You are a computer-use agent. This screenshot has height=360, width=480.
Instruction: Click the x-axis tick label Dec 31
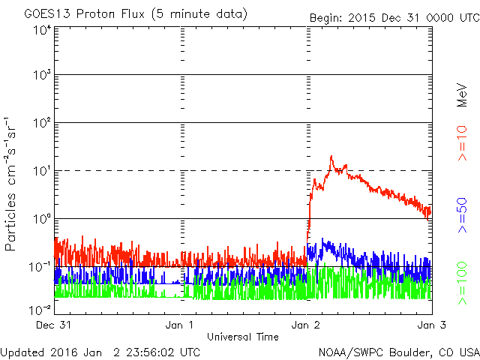[55, 325]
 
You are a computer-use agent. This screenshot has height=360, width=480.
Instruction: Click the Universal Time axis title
[242, 337]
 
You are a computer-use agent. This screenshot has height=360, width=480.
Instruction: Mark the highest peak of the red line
[331, 157]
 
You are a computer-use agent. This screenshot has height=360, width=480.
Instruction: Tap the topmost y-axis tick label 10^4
[40, 29]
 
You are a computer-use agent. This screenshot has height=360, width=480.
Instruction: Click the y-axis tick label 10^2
[40, 123]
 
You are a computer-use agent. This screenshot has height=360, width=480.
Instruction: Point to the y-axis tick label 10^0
[40, 218]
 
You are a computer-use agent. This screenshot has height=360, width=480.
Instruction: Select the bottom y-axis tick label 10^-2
[39, 309]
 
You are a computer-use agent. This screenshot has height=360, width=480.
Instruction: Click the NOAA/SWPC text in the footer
[349, 352]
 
